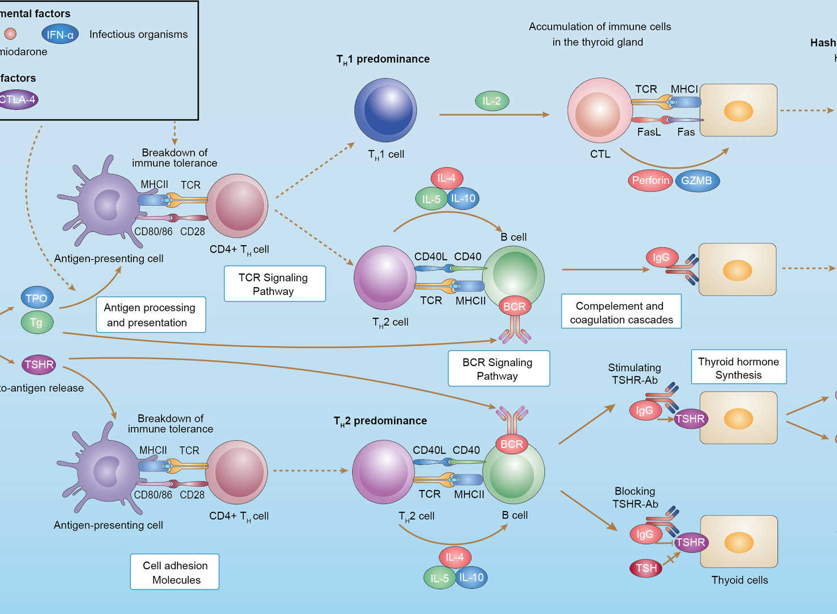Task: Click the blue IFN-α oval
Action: click(60, 35)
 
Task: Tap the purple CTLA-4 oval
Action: click(18, 99)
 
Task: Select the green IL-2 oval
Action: click(491, 101)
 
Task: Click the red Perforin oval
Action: click(650, 181)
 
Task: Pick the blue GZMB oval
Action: click(697, 181)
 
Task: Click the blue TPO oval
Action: click(37, 298)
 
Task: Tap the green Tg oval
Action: click(37, 322)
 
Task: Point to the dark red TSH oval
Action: click(646, 568)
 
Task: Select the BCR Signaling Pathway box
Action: click(498, 369)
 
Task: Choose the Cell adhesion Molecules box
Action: click(175, 572)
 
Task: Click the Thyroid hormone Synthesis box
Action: click(738, 367)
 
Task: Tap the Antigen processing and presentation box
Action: click(150, 314)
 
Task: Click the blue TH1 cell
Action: click(386, 110)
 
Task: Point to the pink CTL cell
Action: click(599, 111)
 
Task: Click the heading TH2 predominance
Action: click(380, 421)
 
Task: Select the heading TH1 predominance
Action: click(383, 59)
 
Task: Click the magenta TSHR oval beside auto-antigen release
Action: click(39, 364)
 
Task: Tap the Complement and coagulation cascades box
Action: click(621, 312)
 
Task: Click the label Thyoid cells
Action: click(739, 580)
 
